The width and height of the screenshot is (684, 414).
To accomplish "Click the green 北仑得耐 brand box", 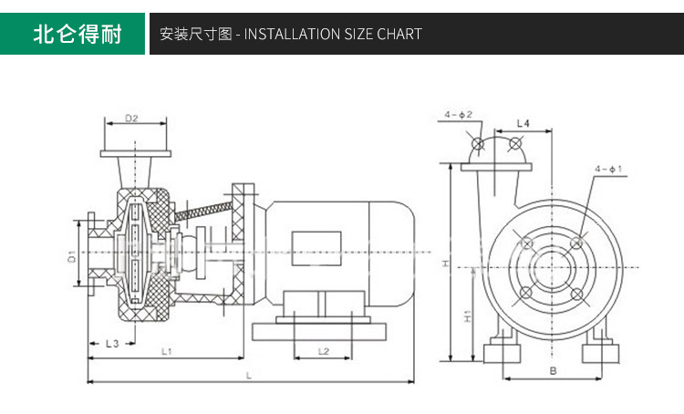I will click(x=75, y=35).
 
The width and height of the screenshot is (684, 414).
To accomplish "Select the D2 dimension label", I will click(x=130, y=119).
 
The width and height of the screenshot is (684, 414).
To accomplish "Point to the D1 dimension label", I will click(x=72, y=259).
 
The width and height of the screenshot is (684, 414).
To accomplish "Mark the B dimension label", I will click(x=553, y=370).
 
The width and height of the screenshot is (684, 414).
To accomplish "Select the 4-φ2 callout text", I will click(x=459, y=115).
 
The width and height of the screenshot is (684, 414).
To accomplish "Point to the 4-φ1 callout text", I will click(x=607, y=170).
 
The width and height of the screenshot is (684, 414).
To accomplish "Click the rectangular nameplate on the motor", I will click(x=316, y=248).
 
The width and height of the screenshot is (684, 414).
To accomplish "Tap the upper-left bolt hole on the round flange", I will click(x=526, y=242).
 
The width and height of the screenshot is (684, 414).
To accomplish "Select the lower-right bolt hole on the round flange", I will click(x=577, y=294).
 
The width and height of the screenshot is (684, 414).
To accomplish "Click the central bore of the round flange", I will click(x=552, y=268).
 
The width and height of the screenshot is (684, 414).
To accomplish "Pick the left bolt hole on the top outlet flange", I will click(x=477, y=144).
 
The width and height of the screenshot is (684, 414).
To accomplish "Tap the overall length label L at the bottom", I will click(x=248, y=374).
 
